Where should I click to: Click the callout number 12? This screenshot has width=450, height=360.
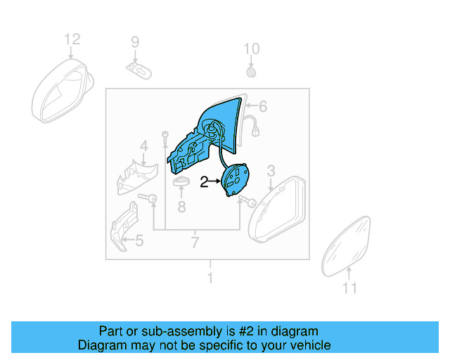tap(72, 39)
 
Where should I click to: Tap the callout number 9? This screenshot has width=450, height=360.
tap(136, 44)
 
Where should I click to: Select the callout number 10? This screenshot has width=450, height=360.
tap(252, 49)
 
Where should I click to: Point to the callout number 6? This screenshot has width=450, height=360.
tap(262, 107)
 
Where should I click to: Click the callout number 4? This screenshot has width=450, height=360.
tap(143, 147)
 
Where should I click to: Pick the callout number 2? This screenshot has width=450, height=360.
tap(204, 182)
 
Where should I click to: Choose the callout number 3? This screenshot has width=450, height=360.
tap(271, 169)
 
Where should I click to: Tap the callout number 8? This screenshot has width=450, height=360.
tap(181, 207)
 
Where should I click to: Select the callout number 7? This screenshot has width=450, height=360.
tap(195, 243)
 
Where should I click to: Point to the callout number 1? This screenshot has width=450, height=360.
tap(209, 278)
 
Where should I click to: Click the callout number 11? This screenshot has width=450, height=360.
tap(349, 288)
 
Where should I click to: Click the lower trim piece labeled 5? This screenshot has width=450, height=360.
tap(124, 225)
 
